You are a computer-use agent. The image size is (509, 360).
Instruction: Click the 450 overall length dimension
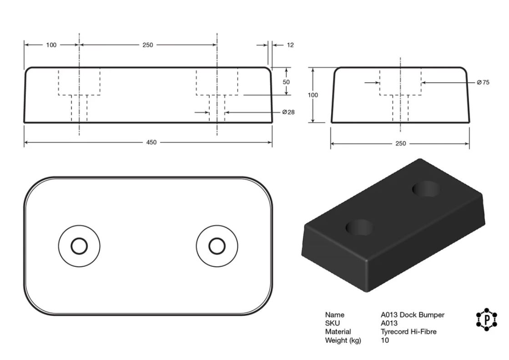tap(151, 142)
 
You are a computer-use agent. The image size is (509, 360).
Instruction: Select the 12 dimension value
tap(290, 45)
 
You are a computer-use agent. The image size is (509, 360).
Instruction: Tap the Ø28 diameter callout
tap(288, 112)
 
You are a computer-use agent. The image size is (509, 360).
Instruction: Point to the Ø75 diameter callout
tap(483, 82)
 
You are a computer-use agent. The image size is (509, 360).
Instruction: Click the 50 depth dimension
tap(286, 82)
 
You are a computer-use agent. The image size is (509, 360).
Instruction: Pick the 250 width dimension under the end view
tap(401, 143)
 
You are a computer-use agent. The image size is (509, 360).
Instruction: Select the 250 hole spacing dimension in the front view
tap(148, 45)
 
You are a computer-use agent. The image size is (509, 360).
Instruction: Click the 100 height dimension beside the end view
tap(313, 95)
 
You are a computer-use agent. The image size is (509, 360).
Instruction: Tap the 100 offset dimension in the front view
tap(51, 45)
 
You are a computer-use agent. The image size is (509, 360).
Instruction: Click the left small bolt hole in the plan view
tap(79, 238)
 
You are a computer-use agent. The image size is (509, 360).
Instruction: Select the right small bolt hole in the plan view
tap(217, 238)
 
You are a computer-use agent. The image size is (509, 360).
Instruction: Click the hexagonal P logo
tap(486, 320)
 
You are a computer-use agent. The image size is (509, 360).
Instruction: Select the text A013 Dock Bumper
tap(413, 315)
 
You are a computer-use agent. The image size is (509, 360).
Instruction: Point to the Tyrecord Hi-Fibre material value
tap(408, 331)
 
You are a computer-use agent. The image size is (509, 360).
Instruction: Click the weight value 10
tap(385, 340)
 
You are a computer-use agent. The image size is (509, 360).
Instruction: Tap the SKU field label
tap(333, 323)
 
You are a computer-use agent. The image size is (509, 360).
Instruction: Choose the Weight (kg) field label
tap(343, 340)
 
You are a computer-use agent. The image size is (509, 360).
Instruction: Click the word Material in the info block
tap(338, 331)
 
